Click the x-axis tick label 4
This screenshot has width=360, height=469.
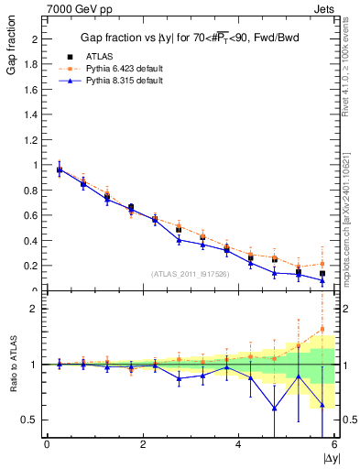coord(238,444)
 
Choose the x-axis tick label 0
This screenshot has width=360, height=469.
coord(47,444)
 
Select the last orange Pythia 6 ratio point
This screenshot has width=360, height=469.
coord(322,330)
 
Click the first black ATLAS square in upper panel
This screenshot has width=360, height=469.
coord(60,169)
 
